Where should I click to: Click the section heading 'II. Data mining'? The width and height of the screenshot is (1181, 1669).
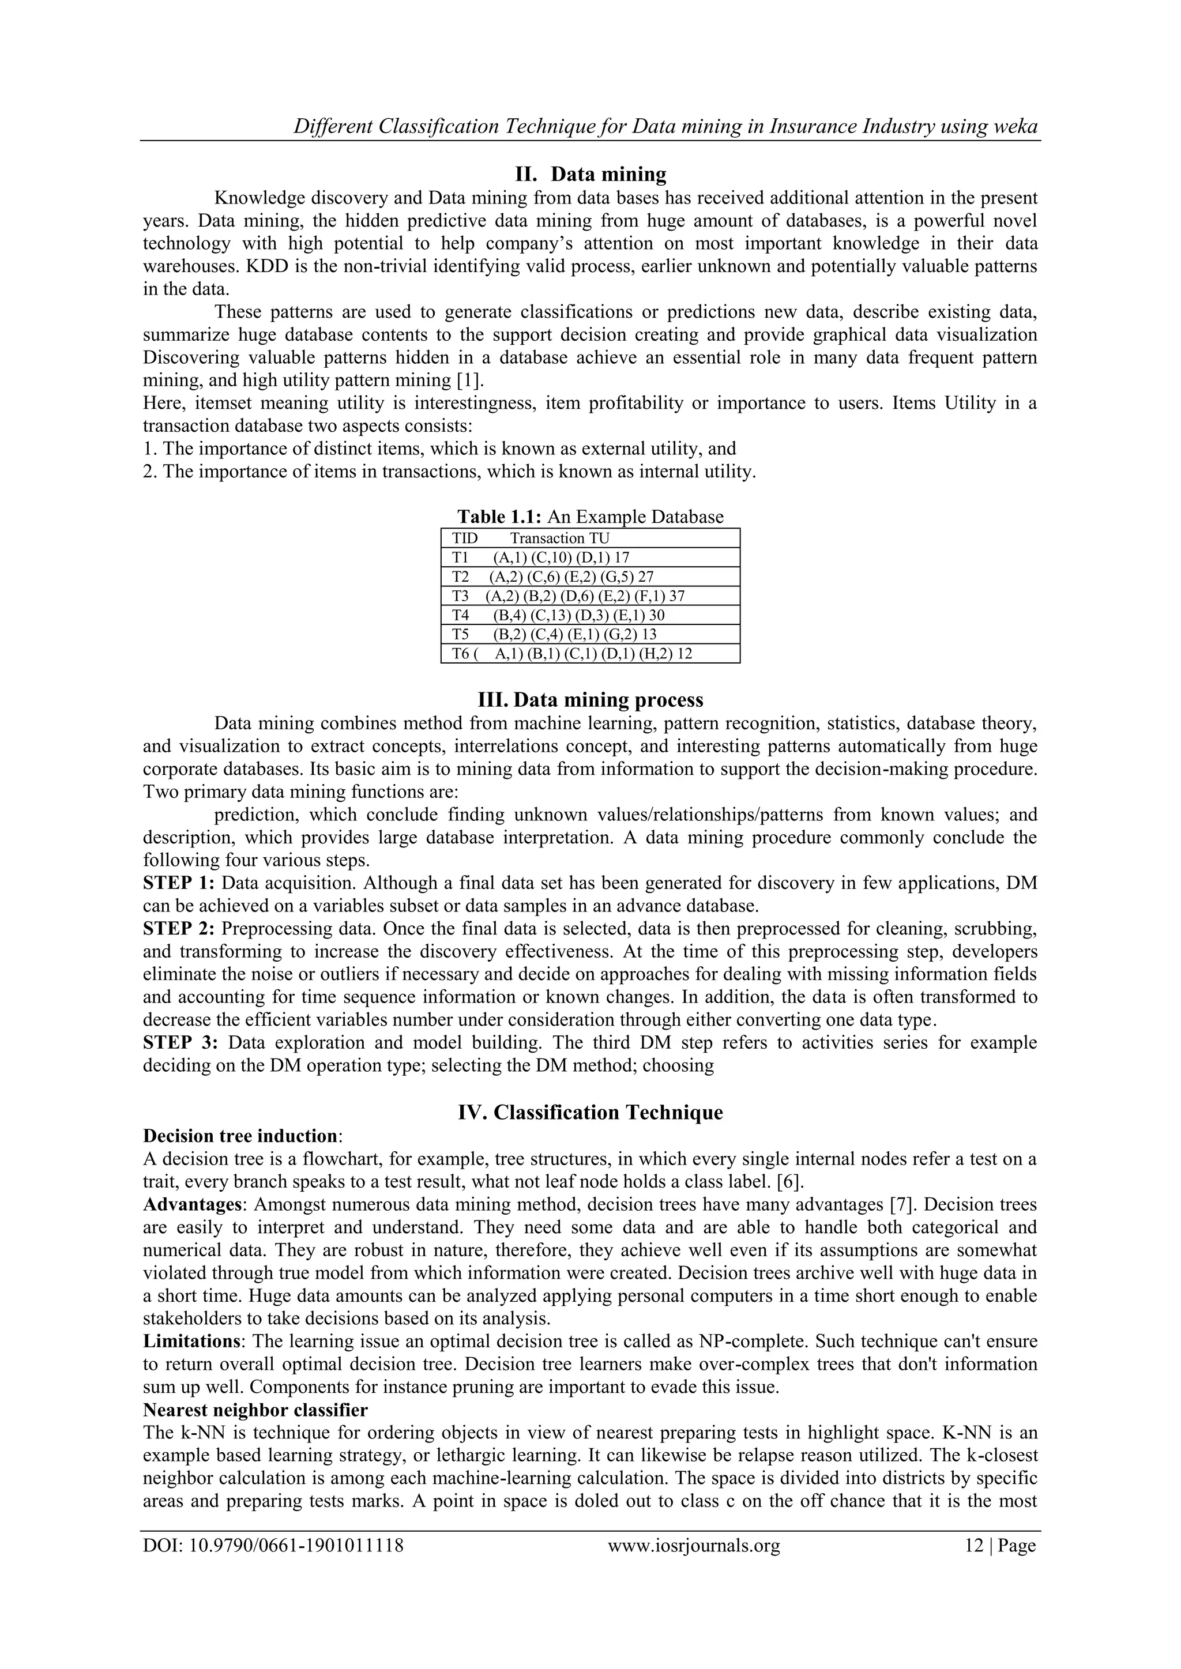tap(590, 175)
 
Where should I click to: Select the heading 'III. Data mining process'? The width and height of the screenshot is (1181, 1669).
tap(590, 700)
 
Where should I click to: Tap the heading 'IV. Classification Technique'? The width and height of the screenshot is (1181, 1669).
tap(590, 1113)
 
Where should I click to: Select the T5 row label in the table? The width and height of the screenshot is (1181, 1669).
tap(460, 634)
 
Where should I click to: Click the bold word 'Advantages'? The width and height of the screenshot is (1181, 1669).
tap(193, 1204)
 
